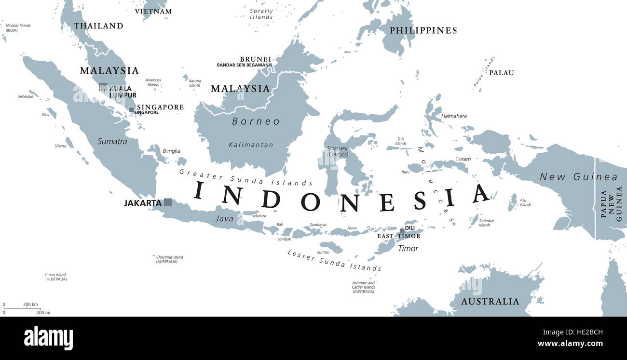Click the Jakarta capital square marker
(x=168, y=202)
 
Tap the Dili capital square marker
(x=402, y=232)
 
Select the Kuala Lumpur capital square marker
(x=103, y=87)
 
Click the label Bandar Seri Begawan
(x=243, y=65)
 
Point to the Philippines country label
(x=423, y=30)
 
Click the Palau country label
(x=502, y=73)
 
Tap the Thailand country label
(x=98, y=26)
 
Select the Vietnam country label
(x=153, y=11)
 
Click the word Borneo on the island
(x=256, y=121)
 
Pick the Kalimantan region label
(x=251, y=145)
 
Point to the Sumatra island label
(x=112, y=142)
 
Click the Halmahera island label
(x=454, y=116)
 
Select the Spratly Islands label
(x=261, y=14)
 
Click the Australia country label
(x=490, y=302)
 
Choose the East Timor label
(x=398, y=236)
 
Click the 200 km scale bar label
(x=30, y=305)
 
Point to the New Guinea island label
(x=578, y=177)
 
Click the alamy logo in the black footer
(x=48, y=338)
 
